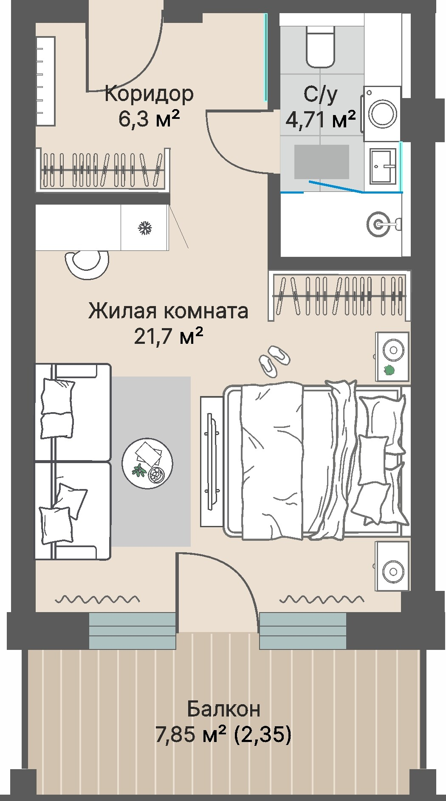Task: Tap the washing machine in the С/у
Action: pyautogui.click(x=382, y=113)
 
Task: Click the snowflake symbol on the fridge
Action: pyautogui.click(x=145, y=228)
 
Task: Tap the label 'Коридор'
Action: pyautogui.click(x=149, y=93)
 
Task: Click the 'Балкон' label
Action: pyautogui.click(x=223, y=709)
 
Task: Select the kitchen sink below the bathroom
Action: pyautogui.click(x=380, y=222)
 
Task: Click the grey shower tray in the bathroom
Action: pyautogui.click(x=322, y=162)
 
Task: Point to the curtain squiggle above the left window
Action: pyautogui.click(x=97, y=599)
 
